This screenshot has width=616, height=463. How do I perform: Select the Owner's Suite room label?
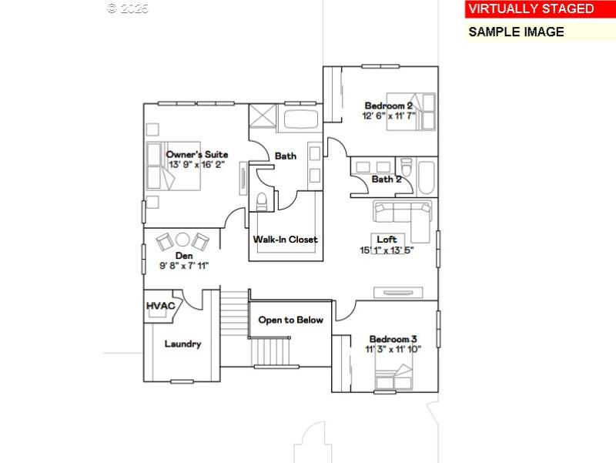[x=197, y=154]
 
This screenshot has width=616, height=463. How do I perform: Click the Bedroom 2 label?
[x=388, y=106]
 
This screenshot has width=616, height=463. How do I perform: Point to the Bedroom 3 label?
[x=393, y=339]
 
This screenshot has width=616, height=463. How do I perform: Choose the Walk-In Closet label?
[x=286, y=240]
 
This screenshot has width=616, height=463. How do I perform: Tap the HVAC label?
[x=161, y=306]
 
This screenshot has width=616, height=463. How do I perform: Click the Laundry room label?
[x=182, y=344]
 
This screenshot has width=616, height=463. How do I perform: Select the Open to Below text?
[x=290, y=320]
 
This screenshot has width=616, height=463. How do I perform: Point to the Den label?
[x=184, y=255]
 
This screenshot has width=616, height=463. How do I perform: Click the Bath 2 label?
[x=387, y=179]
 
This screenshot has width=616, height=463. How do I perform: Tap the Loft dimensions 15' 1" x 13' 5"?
[x=387, y=250]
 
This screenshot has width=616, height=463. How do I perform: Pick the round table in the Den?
[x=183, y=240]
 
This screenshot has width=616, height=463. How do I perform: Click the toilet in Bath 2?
[x=407, y=167]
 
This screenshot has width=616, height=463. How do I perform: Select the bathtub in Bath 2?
[x=426, y=177]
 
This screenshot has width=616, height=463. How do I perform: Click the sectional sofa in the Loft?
[x=404, y=213]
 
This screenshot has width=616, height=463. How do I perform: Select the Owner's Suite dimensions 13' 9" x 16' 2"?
[x=196, y=165]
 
